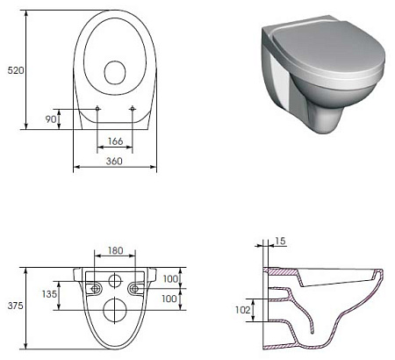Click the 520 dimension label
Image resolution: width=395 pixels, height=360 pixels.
(16, 70)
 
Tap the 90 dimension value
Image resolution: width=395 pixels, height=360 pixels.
(51, 119)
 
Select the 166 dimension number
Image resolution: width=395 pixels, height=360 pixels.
(115, 141)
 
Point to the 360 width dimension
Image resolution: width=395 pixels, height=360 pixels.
(114, 162)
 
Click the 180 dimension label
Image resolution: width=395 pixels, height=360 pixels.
(115, 250)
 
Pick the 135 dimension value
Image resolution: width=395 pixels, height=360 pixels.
(49, 294)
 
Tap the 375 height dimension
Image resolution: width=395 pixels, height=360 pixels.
(15, 306)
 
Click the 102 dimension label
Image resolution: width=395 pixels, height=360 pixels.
(243, 310)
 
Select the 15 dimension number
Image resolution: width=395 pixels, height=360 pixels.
(280, 241)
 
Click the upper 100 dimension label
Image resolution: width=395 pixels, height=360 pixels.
(170, 278)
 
